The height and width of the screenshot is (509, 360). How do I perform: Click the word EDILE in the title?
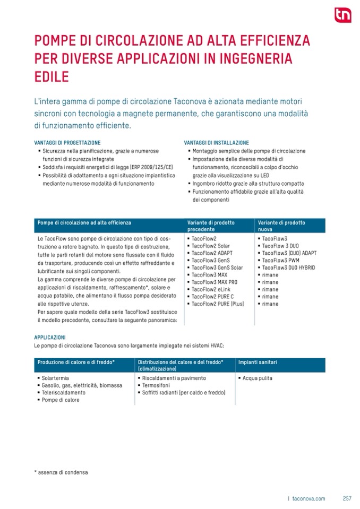click(x=52, y=76)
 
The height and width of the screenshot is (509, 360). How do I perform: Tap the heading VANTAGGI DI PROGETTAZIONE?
click(x=67, y=143)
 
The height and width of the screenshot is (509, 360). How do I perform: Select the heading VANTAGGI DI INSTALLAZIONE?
click(x=216, y=143)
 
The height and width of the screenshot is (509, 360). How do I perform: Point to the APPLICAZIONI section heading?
click(x=50, y=337)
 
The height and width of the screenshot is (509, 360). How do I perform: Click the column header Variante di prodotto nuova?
click(x=281, y=226)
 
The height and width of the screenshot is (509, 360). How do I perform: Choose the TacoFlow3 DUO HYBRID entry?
click(x=288, y=268)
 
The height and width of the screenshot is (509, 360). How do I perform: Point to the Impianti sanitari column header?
click(x=258, y=362)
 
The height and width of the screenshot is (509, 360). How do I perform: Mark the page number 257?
click(x=347, y=498)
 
